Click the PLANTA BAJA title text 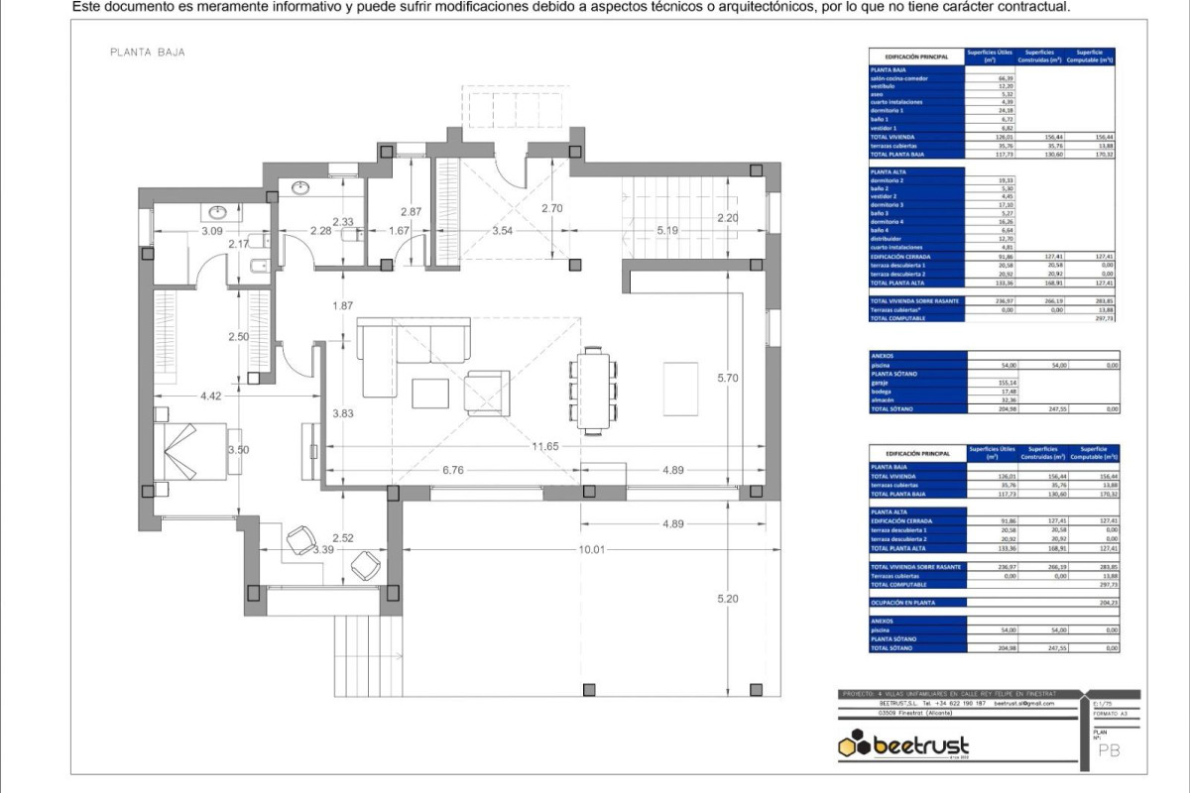(x=147, y=53)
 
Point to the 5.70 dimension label (x=729, y=378)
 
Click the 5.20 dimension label (x=729, y=599)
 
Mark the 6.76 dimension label (x=453, y=470)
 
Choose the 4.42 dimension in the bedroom (x=209, y=396)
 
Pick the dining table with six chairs (x=593, y=389)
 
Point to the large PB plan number (x=1110, y=750)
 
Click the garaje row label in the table (x=879, y=382)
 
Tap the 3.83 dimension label (x=343, y=413)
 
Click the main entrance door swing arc (x=512, y=175)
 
